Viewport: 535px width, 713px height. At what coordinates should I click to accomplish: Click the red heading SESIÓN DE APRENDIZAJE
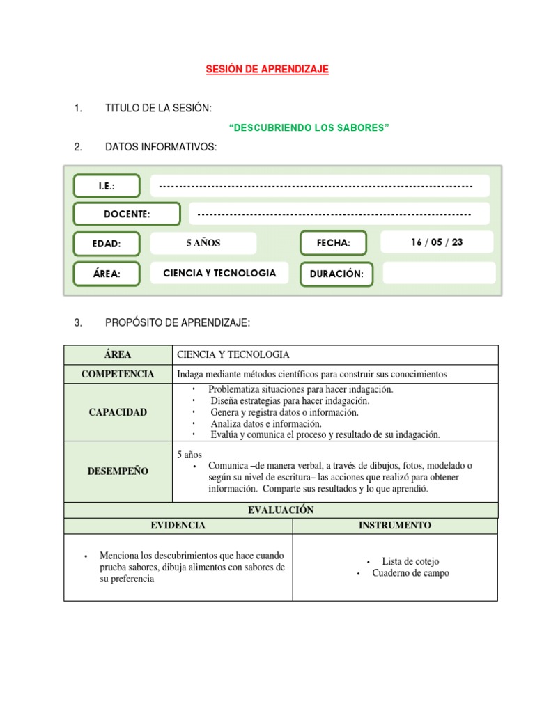[267, 70]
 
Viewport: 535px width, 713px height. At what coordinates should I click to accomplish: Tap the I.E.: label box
[107, 186]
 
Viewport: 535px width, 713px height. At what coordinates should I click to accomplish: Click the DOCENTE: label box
[127, 214]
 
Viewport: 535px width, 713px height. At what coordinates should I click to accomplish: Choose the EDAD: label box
[107, 244]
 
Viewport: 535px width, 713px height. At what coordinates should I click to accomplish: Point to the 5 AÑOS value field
[203, 243]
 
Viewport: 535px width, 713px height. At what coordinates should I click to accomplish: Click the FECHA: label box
[333, 243]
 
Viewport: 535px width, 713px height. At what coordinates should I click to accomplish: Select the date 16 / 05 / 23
[437, 242]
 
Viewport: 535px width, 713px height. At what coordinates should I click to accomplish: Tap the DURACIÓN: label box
[336, 274]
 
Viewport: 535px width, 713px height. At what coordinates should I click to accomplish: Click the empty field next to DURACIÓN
[439, 273]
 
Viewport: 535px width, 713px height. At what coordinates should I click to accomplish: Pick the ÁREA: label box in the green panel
[107, 274]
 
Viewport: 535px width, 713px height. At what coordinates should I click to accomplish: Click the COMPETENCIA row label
[118, 374]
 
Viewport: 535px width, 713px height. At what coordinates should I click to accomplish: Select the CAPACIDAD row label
[118, 412]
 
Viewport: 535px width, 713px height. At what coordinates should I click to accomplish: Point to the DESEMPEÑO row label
[118, 471]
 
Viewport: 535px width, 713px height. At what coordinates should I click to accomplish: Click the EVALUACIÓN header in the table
[281, 510]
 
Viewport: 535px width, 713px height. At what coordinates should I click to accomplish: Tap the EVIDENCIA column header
[178, 526]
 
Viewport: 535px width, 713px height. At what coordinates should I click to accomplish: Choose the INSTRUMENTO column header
[395, 526]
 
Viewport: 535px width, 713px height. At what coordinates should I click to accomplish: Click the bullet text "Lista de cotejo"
[410, 561]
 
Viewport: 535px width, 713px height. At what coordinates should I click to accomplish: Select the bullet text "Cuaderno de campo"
[410, 573]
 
